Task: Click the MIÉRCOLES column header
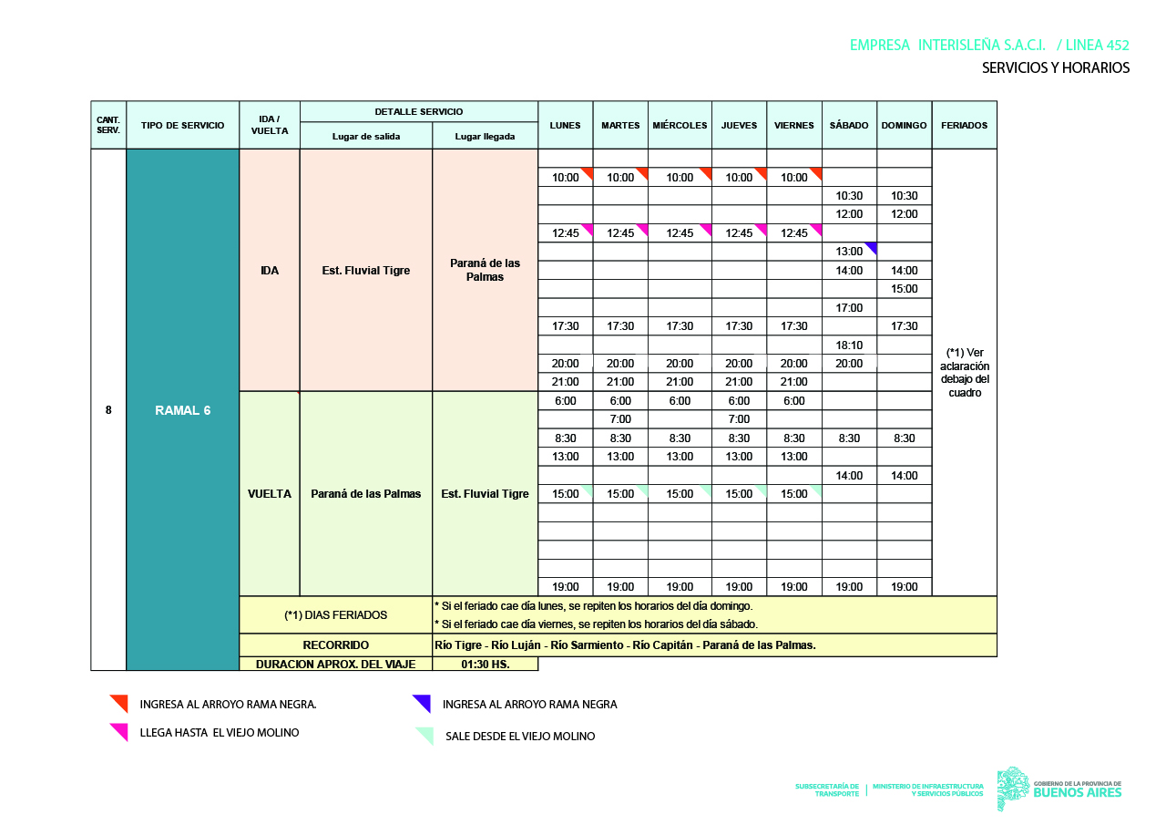point(680,126)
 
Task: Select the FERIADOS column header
point(964,126)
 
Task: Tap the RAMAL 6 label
point(182,410)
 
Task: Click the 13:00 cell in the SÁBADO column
point(849,252)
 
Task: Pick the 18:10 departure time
point(849,345)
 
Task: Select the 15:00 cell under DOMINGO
point(905,289)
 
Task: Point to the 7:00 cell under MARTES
point(620,419)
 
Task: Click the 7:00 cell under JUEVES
point(739,419)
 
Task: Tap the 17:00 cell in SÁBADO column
point(849,308)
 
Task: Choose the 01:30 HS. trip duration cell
point(485,664)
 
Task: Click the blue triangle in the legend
point(422,703)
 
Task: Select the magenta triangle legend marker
point(118,731)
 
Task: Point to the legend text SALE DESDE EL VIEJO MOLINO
point(520,736)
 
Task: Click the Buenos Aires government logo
point(1060,789)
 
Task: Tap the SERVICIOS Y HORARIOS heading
point(1055,68)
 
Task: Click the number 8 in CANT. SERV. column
point(108,410)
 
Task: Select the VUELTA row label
point(270,494)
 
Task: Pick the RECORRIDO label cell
point(335,645)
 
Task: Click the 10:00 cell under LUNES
point(565,178)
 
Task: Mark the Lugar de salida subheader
point(365,137)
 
